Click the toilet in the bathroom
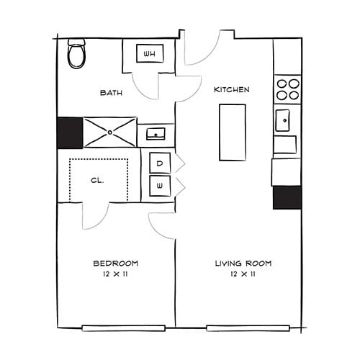(76, 54)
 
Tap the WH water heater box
(150, 54)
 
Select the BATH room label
(111, 92)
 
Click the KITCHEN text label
(232, 90)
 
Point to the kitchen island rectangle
(232, 132)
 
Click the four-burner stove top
(287, 89)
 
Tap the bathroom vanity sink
(156, 133)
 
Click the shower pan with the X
(109, 132)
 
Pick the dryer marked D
(160, 163)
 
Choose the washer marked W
(160, 186)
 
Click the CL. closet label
(97, 181)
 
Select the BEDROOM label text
(115, 263)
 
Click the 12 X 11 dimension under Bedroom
(115, 274)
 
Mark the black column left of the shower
(70, 132)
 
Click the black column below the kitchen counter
(287, 197)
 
